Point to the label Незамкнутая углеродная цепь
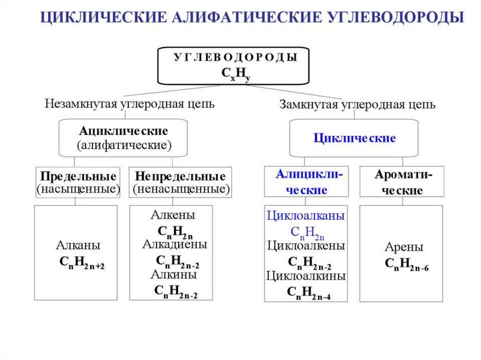130,103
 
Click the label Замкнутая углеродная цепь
357,104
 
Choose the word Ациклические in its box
124,131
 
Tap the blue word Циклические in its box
355,138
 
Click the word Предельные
78,176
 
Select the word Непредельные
180,176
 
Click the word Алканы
78,245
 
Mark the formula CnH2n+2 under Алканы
82,263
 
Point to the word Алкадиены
175,244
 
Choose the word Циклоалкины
306,276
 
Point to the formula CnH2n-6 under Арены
407,264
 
